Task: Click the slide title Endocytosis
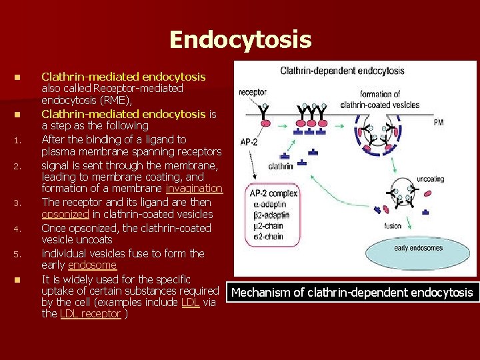tap(240, 39)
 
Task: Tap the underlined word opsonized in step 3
tap(65, 215)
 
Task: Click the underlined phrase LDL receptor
tap(91, 313)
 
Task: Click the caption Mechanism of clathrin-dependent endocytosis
tap(352, 293)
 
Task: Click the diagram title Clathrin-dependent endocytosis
tap(342, 71)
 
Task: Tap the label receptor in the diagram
tap(253, 92)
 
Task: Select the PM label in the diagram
tap(438, 123)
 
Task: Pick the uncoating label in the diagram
tap(430, 179)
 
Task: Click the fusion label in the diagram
tap(393, 225)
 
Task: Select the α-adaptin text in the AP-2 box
tap(269, 204)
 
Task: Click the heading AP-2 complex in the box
tap(273, 193)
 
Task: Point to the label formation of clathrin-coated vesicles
tap(379, 99)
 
